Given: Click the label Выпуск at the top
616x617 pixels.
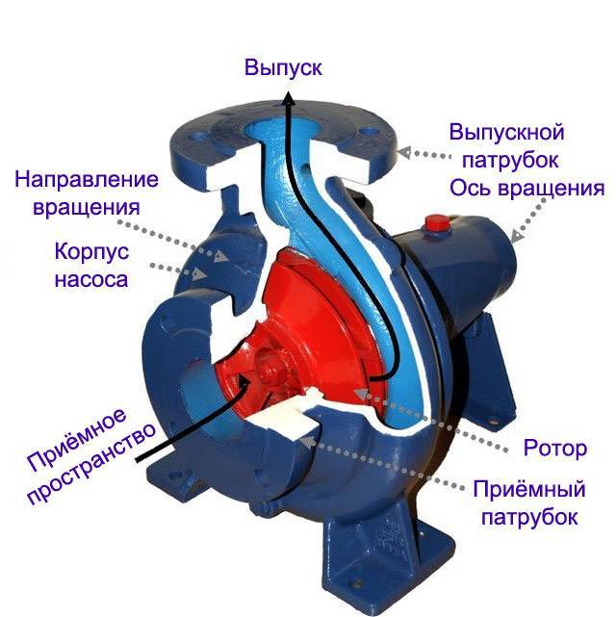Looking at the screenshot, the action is [283, 68].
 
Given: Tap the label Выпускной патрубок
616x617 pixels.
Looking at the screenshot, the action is [506, 143].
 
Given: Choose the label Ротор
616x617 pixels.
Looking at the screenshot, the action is [552, 448].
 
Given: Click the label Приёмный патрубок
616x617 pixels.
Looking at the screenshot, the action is [526, 501].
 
